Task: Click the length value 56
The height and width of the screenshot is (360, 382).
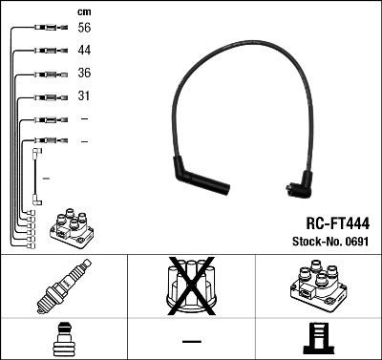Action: click(x=84, y=29)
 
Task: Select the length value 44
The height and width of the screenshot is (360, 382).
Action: click(x=84, y=51)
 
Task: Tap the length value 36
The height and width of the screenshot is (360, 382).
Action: click(x=84, y=74)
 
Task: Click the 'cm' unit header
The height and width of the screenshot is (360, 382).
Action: click(x=83, y=11)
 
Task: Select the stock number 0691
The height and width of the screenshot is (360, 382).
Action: click(x=356, y=243)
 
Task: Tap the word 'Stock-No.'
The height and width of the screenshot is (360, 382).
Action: click(x=314, y=243)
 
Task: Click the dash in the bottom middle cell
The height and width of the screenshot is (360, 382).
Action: click(x=191, y=340)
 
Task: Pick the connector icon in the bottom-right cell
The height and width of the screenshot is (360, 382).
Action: click(x=317, y=339)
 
